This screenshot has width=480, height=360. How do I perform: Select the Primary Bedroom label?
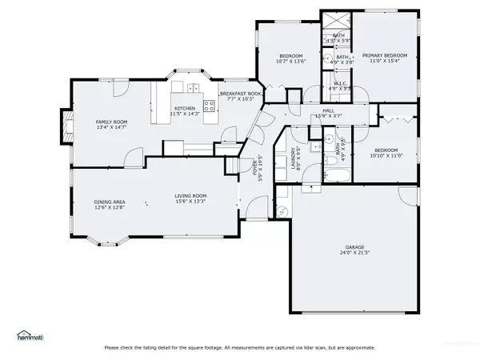[x=385, y=55]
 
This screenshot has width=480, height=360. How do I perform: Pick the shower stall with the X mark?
[x=338, y=21]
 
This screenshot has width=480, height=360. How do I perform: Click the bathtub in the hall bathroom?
[x=337, y=177]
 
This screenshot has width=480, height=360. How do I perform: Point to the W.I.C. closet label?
[x=340, y=84]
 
